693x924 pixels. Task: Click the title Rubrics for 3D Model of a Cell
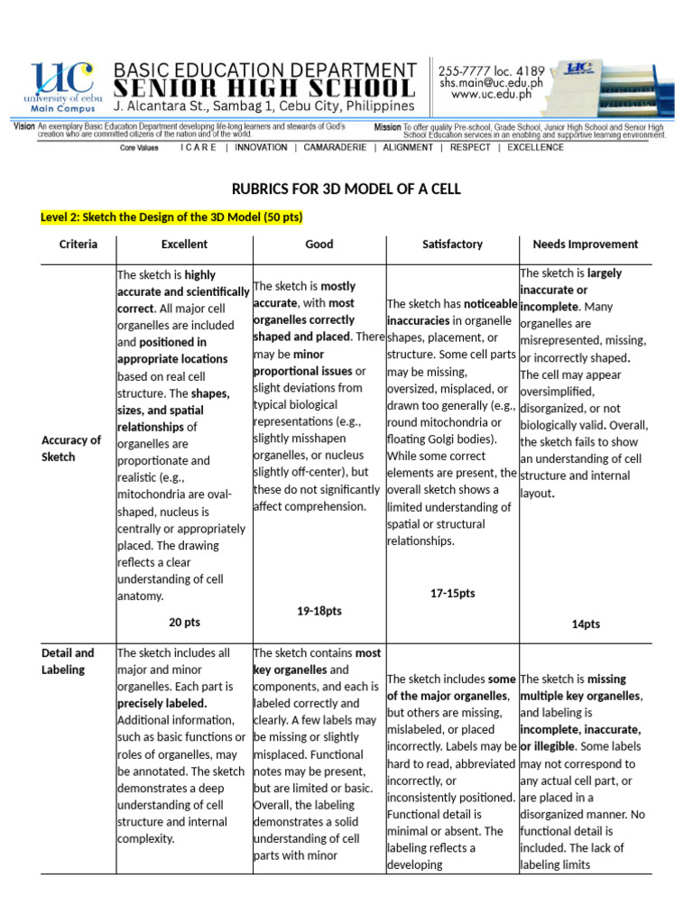tap(346, 189)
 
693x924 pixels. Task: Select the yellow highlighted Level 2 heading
tap(171, 217)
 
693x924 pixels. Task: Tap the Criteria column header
tap(79, 244)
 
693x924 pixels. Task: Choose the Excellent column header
tap(184, 244)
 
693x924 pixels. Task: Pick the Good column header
tap(319, 244)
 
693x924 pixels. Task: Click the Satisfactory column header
tap(452, 244)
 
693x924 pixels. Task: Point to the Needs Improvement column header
tap(585, 244)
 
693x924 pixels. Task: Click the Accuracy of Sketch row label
tap(71, 448)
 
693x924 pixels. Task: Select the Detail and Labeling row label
tap(68, 661)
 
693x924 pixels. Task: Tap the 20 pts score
tap(184, 623)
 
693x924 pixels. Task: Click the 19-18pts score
tap(319, 611)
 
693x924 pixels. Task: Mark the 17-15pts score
tap(452, 593)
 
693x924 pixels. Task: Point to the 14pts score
tap(585, 624)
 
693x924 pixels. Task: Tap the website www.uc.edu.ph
tap(491, 93)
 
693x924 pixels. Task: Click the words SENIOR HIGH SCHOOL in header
tap(264, 88)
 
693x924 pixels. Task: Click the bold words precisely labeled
tap(162, 703)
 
